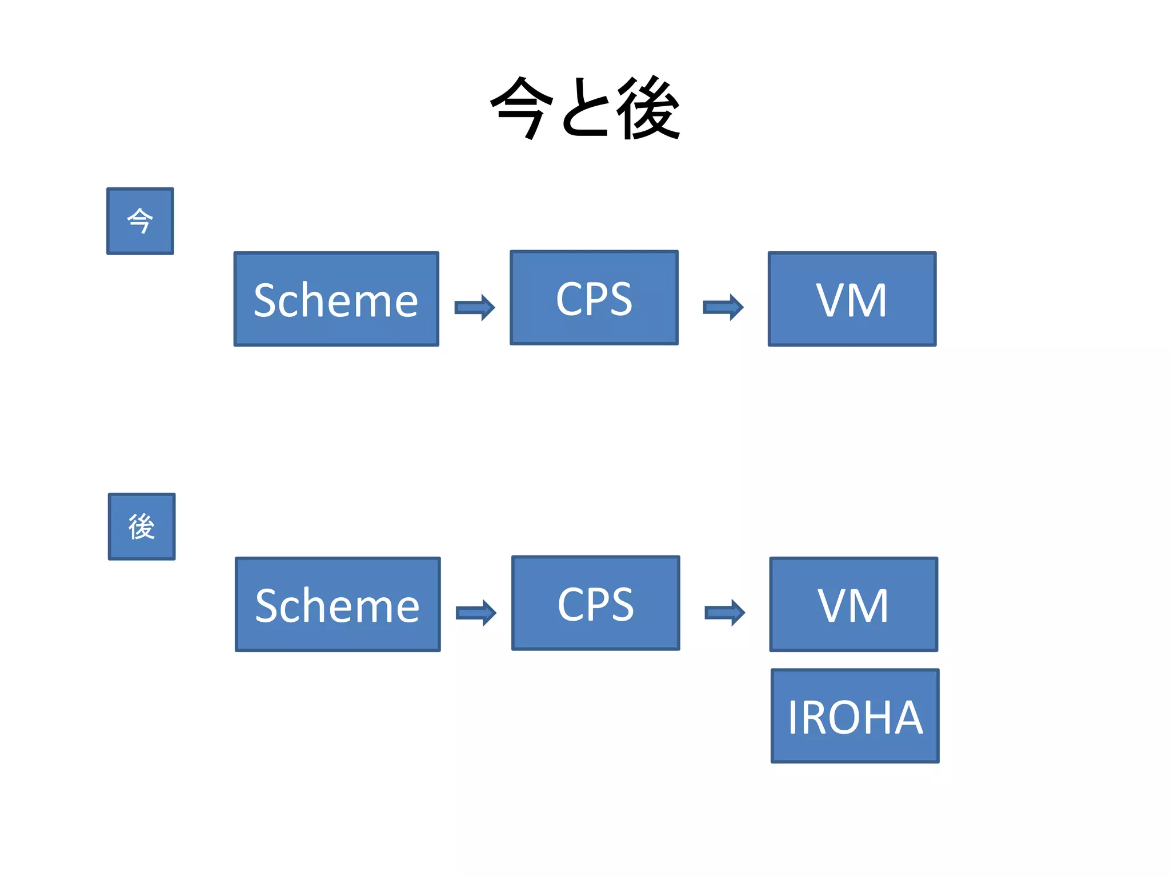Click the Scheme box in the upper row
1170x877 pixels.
pyautogui.click(x=336, y=299)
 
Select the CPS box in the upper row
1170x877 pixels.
pyautogui.click(x=594, y=297)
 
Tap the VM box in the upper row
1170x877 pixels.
pyautogui.click(x=852, y=299)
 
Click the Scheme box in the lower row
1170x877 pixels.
pyautogui.click(x=338, y=604)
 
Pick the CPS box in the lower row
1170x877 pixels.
pyautogui.click(x=595, y=603)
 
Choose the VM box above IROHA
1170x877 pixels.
pyautogui.click(x=854, y=604)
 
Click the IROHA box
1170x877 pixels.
pyautogui.click(x=855, y=715)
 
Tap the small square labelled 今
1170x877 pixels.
pyautogui.click(x=140, y=221)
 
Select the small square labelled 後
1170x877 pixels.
pyautogui.click(x=142, y=526)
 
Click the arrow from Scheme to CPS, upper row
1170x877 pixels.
pyautogui.click(x=475, y=308)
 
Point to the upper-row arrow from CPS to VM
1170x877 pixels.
pyautogui.click(x=723, y=308)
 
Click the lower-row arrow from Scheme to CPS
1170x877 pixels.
pyautogui.click(x=476, y=613)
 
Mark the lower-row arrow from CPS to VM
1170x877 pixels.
pyautogui.click(x=725, y=613)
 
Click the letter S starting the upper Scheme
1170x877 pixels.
pyautogui.click(x=267, y=300)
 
